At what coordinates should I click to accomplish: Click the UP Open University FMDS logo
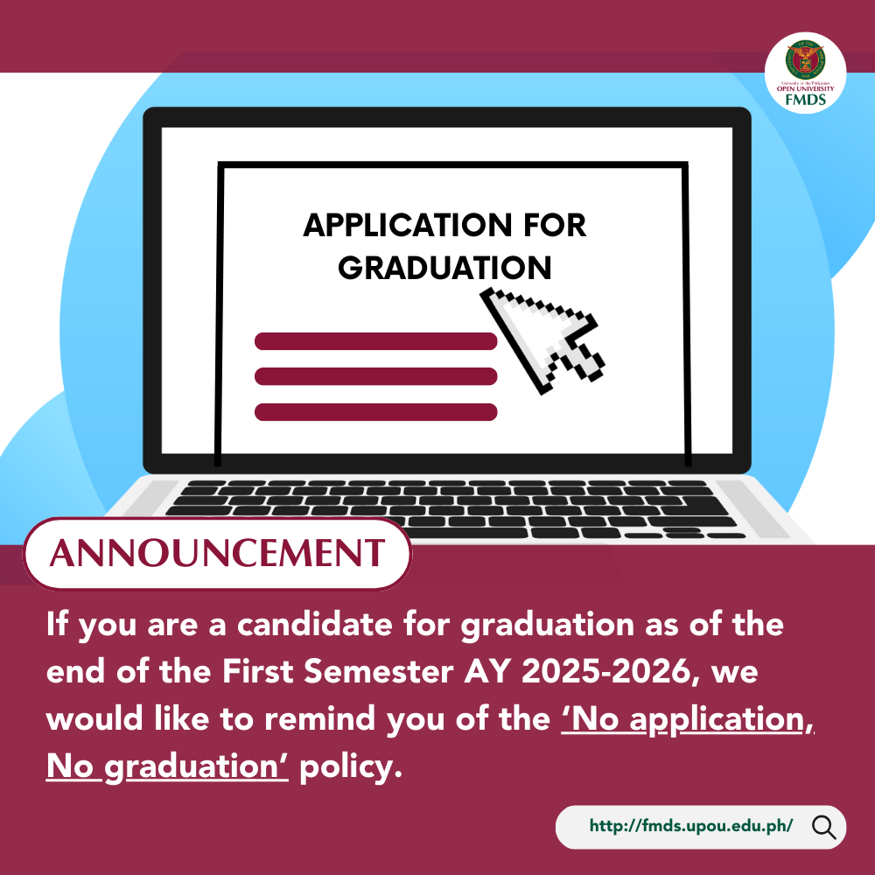(805, 73)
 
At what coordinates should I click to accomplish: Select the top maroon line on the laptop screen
(375, 341)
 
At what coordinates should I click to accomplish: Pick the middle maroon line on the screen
(375, 376)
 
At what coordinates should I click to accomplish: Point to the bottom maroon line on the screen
(375, 412)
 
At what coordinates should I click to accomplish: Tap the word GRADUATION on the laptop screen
(444, 267)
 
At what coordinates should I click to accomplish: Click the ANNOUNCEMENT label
(217, 553)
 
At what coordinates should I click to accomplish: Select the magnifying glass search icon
(823, 827)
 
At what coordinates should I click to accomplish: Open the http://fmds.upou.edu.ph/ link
(691, 826)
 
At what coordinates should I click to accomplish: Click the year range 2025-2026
(606, 671)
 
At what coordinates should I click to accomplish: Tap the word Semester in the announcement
(378, 671)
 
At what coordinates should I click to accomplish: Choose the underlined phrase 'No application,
(688, 718)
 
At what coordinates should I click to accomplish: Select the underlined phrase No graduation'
(167, 766)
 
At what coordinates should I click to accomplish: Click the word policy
(351, 767)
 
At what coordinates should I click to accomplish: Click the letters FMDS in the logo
(805, 100)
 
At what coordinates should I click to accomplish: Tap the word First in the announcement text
(257, 671)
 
